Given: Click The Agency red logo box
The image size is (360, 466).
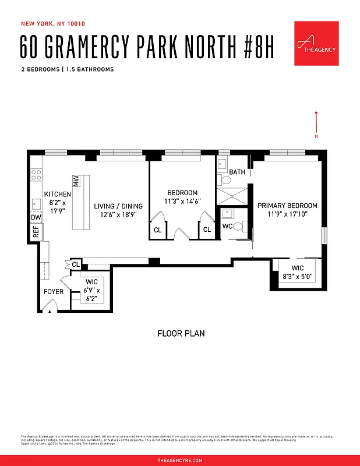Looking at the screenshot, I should (x=316, y=44).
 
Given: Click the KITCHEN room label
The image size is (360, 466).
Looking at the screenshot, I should (x=58, y=195).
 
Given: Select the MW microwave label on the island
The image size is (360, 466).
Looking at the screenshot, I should (x=76, y=180).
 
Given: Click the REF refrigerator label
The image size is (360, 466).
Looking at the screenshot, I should (x=36, y=231).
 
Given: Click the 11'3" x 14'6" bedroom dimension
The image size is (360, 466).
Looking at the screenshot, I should (x=182, y=202).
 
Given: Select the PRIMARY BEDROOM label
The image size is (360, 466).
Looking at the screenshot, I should (x=287, y=206).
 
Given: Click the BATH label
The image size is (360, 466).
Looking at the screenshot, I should (x=237, y=172).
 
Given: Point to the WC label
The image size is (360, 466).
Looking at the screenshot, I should (x=228, y=227).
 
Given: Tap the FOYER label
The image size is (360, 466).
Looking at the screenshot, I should (x=54, y=292).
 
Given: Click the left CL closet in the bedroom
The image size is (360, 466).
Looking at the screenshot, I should (x=157, y=230).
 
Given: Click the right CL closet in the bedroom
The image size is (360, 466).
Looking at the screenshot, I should (x=207, y=230).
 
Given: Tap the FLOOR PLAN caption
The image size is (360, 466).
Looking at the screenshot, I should (x=181, y=334).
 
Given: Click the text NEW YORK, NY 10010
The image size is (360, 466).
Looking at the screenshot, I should (x=53, y=24).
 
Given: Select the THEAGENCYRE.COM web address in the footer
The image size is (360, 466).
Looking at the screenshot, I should (x=180, y=460).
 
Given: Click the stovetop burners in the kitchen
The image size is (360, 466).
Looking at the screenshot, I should (x=36, y=173).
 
